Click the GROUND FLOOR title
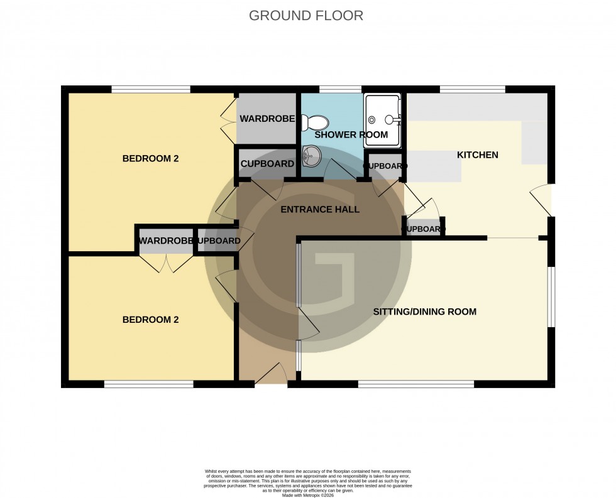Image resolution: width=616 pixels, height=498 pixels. point(306,16)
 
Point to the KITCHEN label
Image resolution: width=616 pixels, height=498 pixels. point(477,154)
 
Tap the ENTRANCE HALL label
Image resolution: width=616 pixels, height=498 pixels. point(320,209)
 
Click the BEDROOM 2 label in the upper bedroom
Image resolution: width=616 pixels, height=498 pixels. point(150,158)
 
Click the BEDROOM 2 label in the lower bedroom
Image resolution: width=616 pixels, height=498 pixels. point(150,320)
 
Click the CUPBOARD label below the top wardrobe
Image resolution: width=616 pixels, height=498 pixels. point(267,164)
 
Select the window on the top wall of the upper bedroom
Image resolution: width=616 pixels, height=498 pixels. point(151,89)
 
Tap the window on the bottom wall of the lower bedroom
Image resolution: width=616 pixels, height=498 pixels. point(148,384)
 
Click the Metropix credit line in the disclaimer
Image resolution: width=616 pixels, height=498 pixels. point(307,494)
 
